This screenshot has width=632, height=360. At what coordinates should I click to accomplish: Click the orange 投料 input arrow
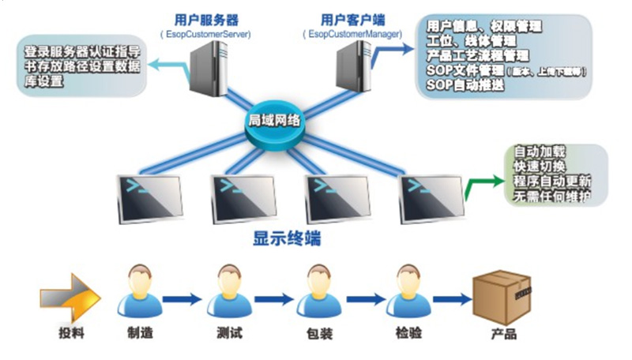70,298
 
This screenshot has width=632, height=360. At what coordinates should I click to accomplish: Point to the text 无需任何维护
551,195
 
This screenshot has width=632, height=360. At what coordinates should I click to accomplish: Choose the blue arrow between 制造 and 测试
183,299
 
